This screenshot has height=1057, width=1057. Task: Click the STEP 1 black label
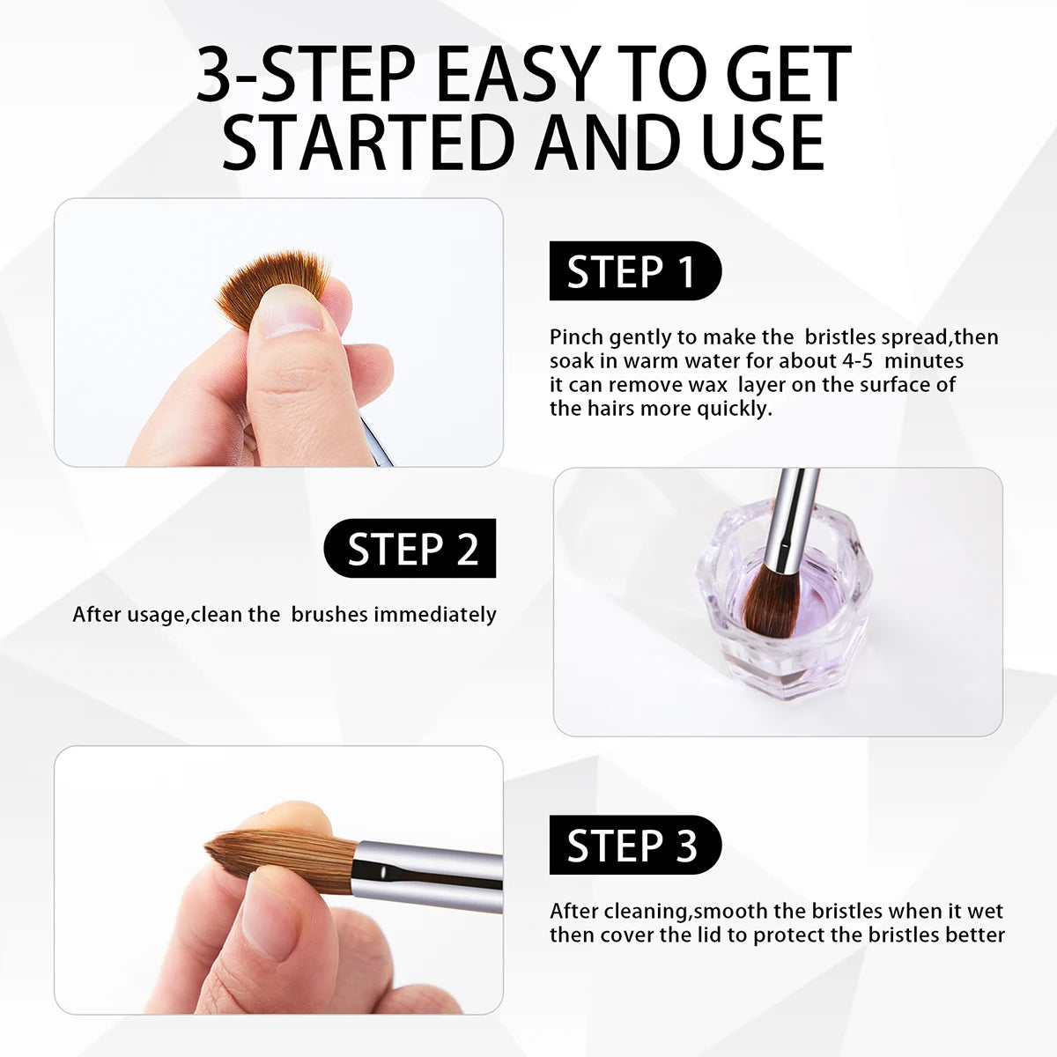pos(635,271)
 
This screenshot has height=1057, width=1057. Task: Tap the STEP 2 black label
pos(410,548)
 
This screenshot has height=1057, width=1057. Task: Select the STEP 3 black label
pos(635,845)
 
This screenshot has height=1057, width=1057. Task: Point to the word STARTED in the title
pos(368,143)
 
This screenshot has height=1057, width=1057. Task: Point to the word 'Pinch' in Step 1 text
pos(576,337)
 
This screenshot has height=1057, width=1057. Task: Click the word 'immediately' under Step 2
pos(435,615)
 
